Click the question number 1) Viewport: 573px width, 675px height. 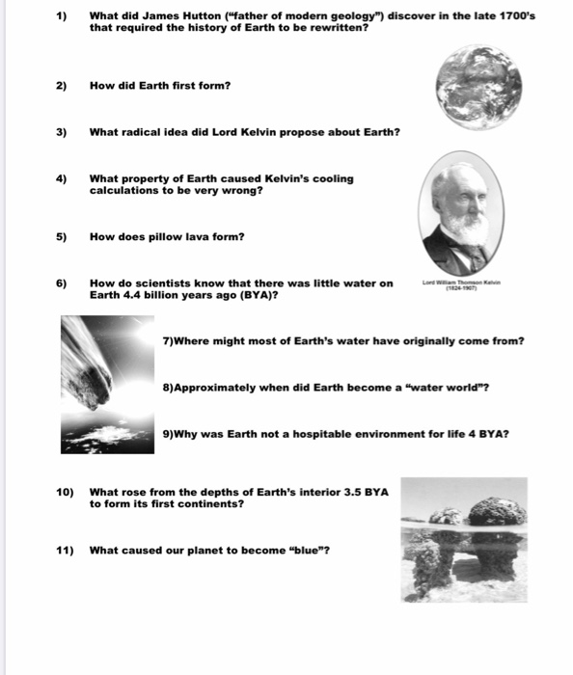(61, 16)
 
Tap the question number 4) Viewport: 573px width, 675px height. (61, 178)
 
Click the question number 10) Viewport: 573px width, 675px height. (65, 492)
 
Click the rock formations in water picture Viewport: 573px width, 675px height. (464, 540)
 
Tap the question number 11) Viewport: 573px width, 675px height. (65, 551)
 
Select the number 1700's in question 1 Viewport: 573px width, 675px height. (514, 16)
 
